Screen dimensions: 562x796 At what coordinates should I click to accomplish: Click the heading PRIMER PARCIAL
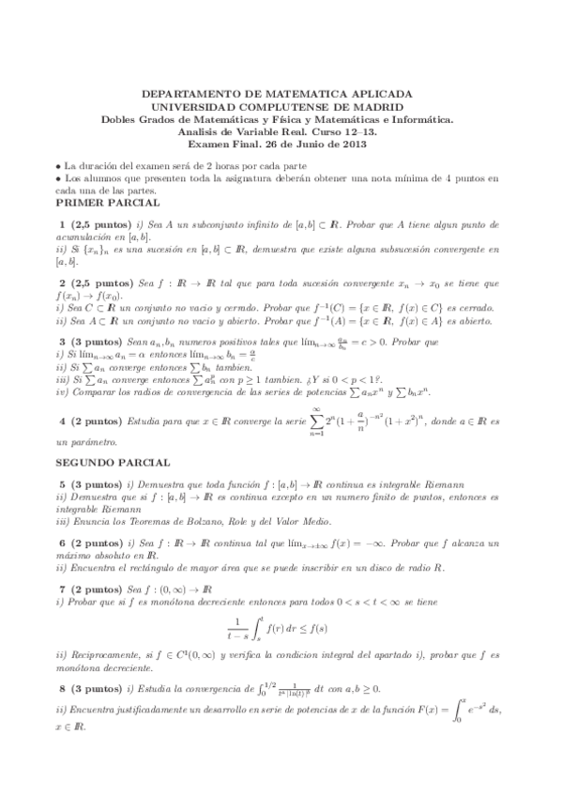click(107, 203)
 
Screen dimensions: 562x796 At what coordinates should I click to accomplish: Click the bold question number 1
click(62, 226)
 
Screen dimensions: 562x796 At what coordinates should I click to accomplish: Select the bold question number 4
click(62, 422)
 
